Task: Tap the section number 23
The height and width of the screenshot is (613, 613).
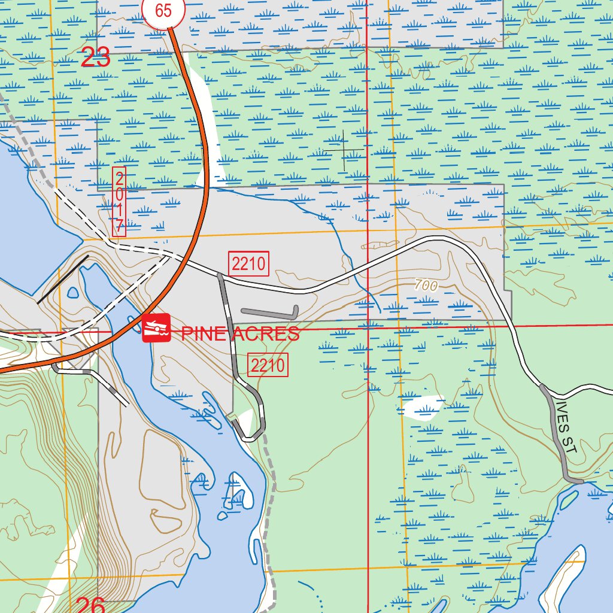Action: [96, 58]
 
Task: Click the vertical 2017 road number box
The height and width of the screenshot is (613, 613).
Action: [119, 202]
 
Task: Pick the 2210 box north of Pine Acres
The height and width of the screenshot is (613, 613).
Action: [248, 263]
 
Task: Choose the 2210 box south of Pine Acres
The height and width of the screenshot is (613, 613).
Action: [268, 365]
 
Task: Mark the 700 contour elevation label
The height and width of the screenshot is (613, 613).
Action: [426, 286]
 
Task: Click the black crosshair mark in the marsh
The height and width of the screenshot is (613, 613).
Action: [345, 148]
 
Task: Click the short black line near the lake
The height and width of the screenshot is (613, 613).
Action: [62, 280]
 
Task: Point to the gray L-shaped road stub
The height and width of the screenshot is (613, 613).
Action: [269, 312]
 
